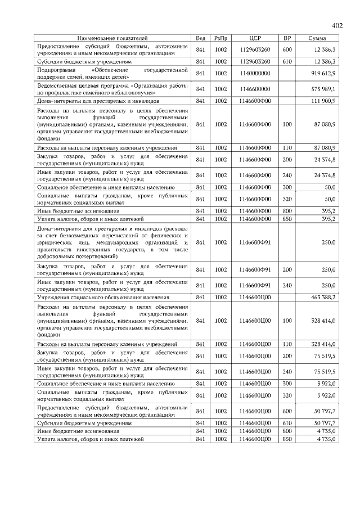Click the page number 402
tap(337, 26)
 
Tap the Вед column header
tap(200, 37)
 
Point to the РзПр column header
tap(220, 37)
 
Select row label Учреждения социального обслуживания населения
tap(103, 297)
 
